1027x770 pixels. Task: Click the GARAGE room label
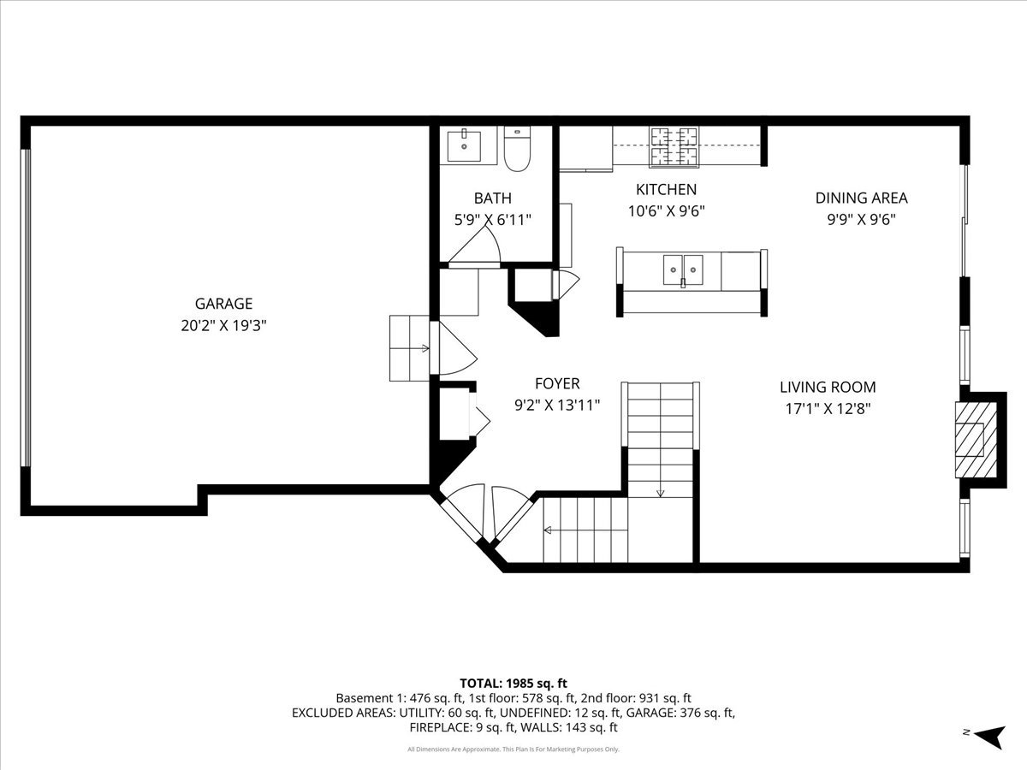223,304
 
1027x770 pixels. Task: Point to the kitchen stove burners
674,145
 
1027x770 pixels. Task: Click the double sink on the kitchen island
682,270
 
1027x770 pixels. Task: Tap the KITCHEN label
666,189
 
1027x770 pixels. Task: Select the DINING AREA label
861,198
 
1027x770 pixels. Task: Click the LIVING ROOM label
828,387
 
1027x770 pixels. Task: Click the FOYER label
557,384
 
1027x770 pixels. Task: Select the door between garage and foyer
447,349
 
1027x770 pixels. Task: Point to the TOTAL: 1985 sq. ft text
513,683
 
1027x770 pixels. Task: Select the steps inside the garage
408,347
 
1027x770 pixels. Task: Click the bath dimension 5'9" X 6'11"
492,219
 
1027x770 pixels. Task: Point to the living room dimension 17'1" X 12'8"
828,408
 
